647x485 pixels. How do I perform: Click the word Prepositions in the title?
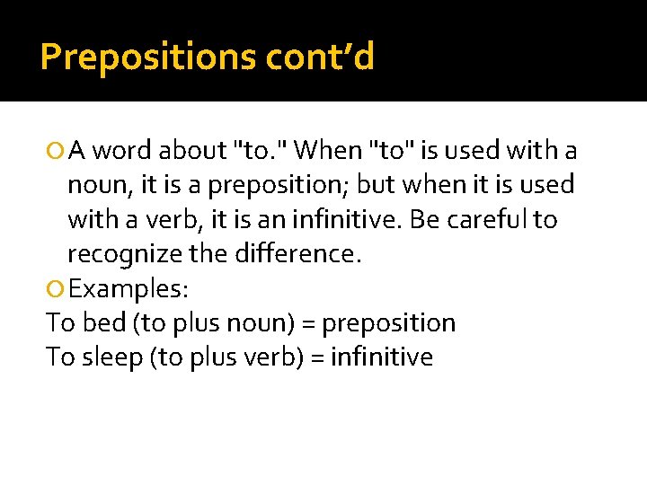tap(148, 57)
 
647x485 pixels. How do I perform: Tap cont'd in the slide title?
tap(321, 57)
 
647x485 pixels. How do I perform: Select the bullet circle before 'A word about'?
tap(57, 151)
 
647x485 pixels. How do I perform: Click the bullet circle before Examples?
tap(57, 289)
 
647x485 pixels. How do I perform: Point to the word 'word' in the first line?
tap(123, 150)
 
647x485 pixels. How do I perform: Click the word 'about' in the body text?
tap(191, 150)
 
